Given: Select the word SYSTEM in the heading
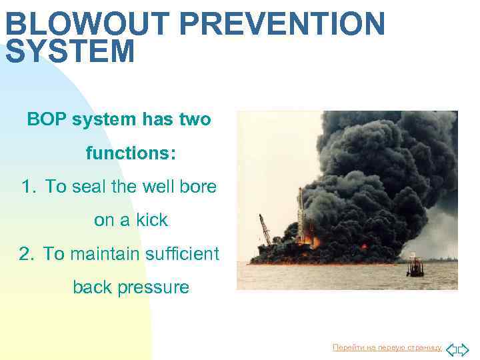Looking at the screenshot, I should point(70,52).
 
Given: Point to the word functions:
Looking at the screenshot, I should point(131,154).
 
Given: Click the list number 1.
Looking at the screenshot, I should point(27,187).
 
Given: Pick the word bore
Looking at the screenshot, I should point(198,187).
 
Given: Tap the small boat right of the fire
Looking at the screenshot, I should point(415,266).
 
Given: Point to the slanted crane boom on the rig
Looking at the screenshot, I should point(266,229).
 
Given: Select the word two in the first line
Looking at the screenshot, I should point(195,120).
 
